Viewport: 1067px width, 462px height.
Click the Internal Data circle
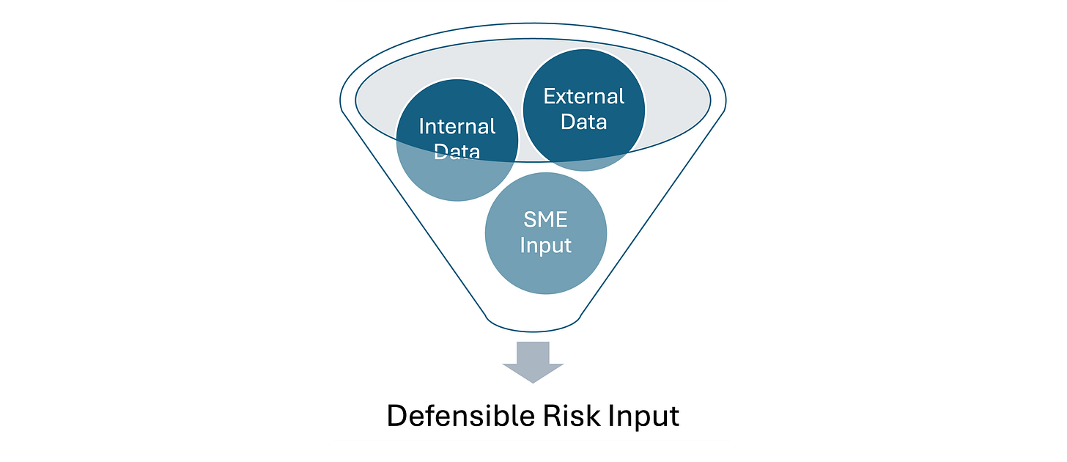457,139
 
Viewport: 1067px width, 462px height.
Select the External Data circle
583,110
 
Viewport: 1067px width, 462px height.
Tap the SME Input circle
545,232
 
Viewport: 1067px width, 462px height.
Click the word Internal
457,127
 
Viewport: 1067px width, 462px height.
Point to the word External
583,97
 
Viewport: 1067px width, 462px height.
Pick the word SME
546,219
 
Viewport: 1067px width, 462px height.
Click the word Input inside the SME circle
545,245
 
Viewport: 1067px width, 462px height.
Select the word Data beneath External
583,122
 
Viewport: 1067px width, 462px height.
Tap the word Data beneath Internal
457,152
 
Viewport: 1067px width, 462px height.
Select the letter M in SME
546,219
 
